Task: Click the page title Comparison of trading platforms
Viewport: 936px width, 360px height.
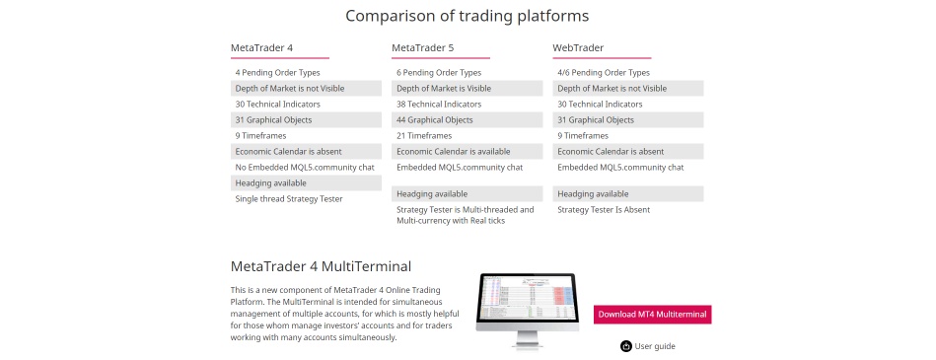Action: pos(468,16)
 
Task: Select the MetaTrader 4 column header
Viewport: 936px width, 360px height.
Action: pos(261,47)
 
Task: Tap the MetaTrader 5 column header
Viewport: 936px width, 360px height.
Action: pos(422,47)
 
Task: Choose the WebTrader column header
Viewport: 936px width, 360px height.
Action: pos(578,47)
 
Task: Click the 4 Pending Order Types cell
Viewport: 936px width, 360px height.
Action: pos(277,72)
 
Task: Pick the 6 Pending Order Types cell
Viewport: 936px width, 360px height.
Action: pos(439,72)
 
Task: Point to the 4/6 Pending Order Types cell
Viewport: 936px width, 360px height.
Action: pos(604,72)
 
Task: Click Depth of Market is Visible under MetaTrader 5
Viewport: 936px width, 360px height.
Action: pos(443,88)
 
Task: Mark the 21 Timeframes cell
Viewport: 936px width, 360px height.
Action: pos(424,135)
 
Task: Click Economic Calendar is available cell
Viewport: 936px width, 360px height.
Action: pos(453,151)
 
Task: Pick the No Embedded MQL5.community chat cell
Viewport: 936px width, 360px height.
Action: pos(304,167)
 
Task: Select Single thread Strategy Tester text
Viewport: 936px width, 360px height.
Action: pos(289,198)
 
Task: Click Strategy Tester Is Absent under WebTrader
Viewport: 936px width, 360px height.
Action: pos(604,209)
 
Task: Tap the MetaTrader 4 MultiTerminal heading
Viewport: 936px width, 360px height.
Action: pos(321,266)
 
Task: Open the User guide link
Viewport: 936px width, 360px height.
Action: pos(655,346)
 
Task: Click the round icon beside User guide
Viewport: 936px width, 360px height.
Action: pos(625,346)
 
